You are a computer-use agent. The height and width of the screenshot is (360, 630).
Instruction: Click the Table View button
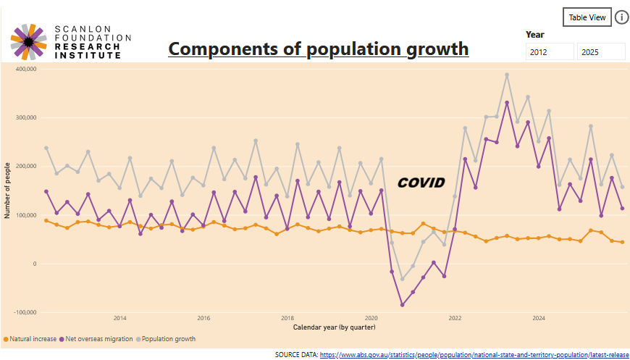tap(587, 17)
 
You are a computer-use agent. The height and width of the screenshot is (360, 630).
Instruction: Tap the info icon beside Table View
tap(622, 17)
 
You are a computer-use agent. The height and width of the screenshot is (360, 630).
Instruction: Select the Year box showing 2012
tap(550, 52)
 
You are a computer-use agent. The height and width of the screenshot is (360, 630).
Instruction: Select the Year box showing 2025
tap(601, 52)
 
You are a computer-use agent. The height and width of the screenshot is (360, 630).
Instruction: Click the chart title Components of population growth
tap(318, 49)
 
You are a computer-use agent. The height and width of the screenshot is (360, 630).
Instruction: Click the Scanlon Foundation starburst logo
tap(29, 41)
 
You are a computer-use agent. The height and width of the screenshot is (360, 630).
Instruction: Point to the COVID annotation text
tap(421, 183)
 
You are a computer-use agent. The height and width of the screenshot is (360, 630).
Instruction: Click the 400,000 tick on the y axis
tap(26, 69)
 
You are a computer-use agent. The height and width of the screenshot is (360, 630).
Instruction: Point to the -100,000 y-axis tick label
tap(25, 313)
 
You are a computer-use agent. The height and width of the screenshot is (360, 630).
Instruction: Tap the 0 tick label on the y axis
tap(35, 264)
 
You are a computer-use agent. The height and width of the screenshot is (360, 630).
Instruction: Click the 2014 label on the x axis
tap(119, 318)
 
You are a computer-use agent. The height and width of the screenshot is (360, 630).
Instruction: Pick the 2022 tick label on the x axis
tap(455, 318)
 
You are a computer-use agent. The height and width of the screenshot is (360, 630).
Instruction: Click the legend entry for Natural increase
tap(30, 339)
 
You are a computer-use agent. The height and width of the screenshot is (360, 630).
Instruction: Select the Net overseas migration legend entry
tap(96, 339)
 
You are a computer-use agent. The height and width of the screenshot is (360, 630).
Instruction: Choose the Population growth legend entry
tap(166, 339)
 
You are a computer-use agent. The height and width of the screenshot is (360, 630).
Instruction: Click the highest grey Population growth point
tap(507, 75)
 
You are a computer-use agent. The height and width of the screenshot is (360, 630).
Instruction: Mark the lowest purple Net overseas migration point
tap(402, 305)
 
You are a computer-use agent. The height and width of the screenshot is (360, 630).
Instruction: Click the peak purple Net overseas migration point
tap(507, 103)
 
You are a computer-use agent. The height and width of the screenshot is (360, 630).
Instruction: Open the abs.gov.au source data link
tap(474, 355)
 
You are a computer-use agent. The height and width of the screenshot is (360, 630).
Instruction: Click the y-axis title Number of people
tap(7, 191)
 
